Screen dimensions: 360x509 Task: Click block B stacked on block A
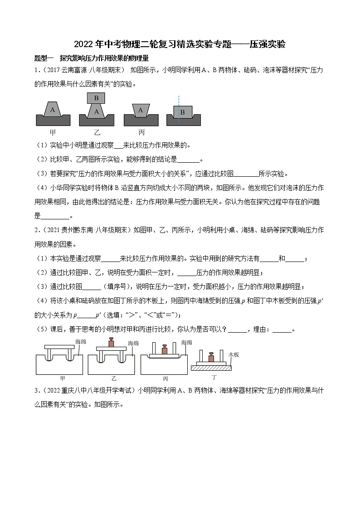pyautogui.click(x=96, y=98)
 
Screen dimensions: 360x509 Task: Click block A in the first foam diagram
pyautogui.click(x=53, y=110)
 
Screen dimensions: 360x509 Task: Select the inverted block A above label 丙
pyautogui.click(x=141, y=110)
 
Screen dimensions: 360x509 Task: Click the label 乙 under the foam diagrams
pyautogui.click(x=97, y=132)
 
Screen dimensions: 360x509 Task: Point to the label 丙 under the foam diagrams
pyautogui.click(x=141, y=132)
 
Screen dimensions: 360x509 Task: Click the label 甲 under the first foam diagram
pyautogui.click(x=53, y=132)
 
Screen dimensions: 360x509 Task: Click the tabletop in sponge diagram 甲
pyautogui.click(x=59, y=347)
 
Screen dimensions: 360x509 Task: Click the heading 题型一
pyautogui.click(x=44, y=58)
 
